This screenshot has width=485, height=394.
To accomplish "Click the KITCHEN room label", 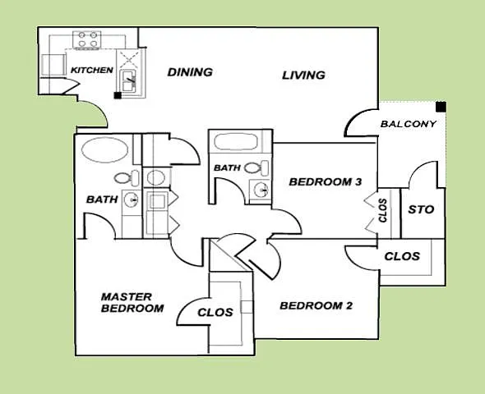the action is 92,70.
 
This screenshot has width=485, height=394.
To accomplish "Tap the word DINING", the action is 190,72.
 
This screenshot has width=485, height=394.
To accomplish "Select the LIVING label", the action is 303,76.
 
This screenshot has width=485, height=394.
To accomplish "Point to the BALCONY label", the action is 409,124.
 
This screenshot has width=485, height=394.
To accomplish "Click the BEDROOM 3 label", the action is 325,182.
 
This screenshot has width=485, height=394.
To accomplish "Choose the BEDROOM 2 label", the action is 316,305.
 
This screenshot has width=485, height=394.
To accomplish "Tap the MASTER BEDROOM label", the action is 132,303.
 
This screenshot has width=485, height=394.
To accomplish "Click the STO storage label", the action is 421,209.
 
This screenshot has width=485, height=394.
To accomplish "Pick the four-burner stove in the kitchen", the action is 86,39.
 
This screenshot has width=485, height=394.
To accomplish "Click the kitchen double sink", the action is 127,80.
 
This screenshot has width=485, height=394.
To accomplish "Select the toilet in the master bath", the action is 127,177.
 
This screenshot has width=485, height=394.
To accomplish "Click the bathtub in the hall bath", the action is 235,142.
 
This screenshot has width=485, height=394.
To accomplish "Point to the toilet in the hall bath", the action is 256,167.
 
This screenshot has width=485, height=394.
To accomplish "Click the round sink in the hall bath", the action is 261,190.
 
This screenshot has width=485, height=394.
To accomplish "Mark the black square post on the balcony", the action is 441,107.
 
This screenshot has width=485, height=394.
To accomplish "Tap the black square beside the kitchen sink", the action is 118,95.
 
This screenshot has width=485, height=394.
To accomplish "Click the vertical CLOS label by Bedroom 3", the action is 383,211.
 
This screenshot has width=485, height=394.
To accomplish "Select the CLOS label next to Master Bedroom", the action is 215,313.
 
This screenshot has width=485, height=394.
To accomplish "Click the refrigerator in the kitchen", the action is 53,65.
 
